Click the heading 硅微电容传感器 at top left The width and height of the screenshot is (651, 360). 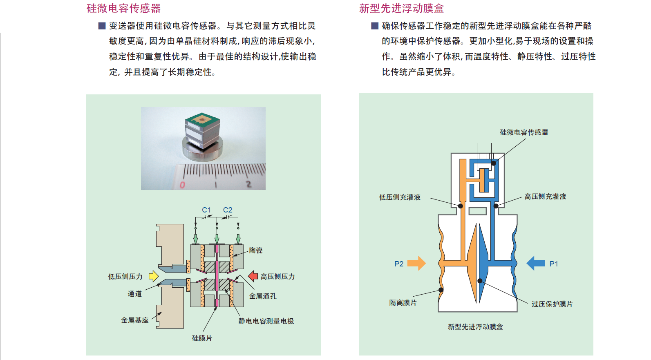123,8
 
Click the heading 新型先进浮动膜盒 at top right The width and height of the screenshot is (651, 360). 401,8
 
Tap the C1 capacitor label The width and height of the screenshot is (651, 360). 206,210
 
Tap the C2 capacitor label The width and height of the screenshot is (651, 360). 228,210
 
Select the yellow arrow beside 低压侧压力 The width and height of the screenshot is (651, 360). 153,276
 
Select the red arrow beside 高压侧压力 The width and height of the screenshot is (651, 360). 253,276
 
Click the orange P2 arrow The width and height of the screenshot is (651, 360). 416,263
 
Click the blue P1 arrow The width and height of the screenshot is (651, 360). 536,263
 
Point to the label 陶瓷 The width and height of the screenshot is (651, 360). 256,250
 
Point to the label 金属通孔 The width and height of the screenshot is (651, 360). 263,296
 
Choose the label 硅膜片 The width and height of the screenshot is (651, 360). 202,338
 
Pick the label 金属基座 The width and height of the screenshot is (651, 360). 134,320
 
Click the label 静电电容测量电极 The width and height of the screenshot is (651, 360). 266,321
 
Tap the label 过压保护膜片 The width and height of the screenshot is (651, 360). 552,304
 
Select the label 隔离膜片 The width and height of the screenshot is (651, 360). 403,302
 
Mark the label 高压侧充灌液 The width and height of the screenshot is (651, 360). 545,197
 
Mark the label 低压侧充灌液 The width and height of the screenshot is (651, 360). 400,197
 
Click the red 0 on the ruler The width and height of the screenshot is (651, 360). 182,185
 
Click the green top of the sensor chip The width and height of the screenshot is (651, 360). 202,119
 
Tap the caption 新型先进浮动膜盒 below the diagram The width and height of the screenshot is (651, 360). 475,326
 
